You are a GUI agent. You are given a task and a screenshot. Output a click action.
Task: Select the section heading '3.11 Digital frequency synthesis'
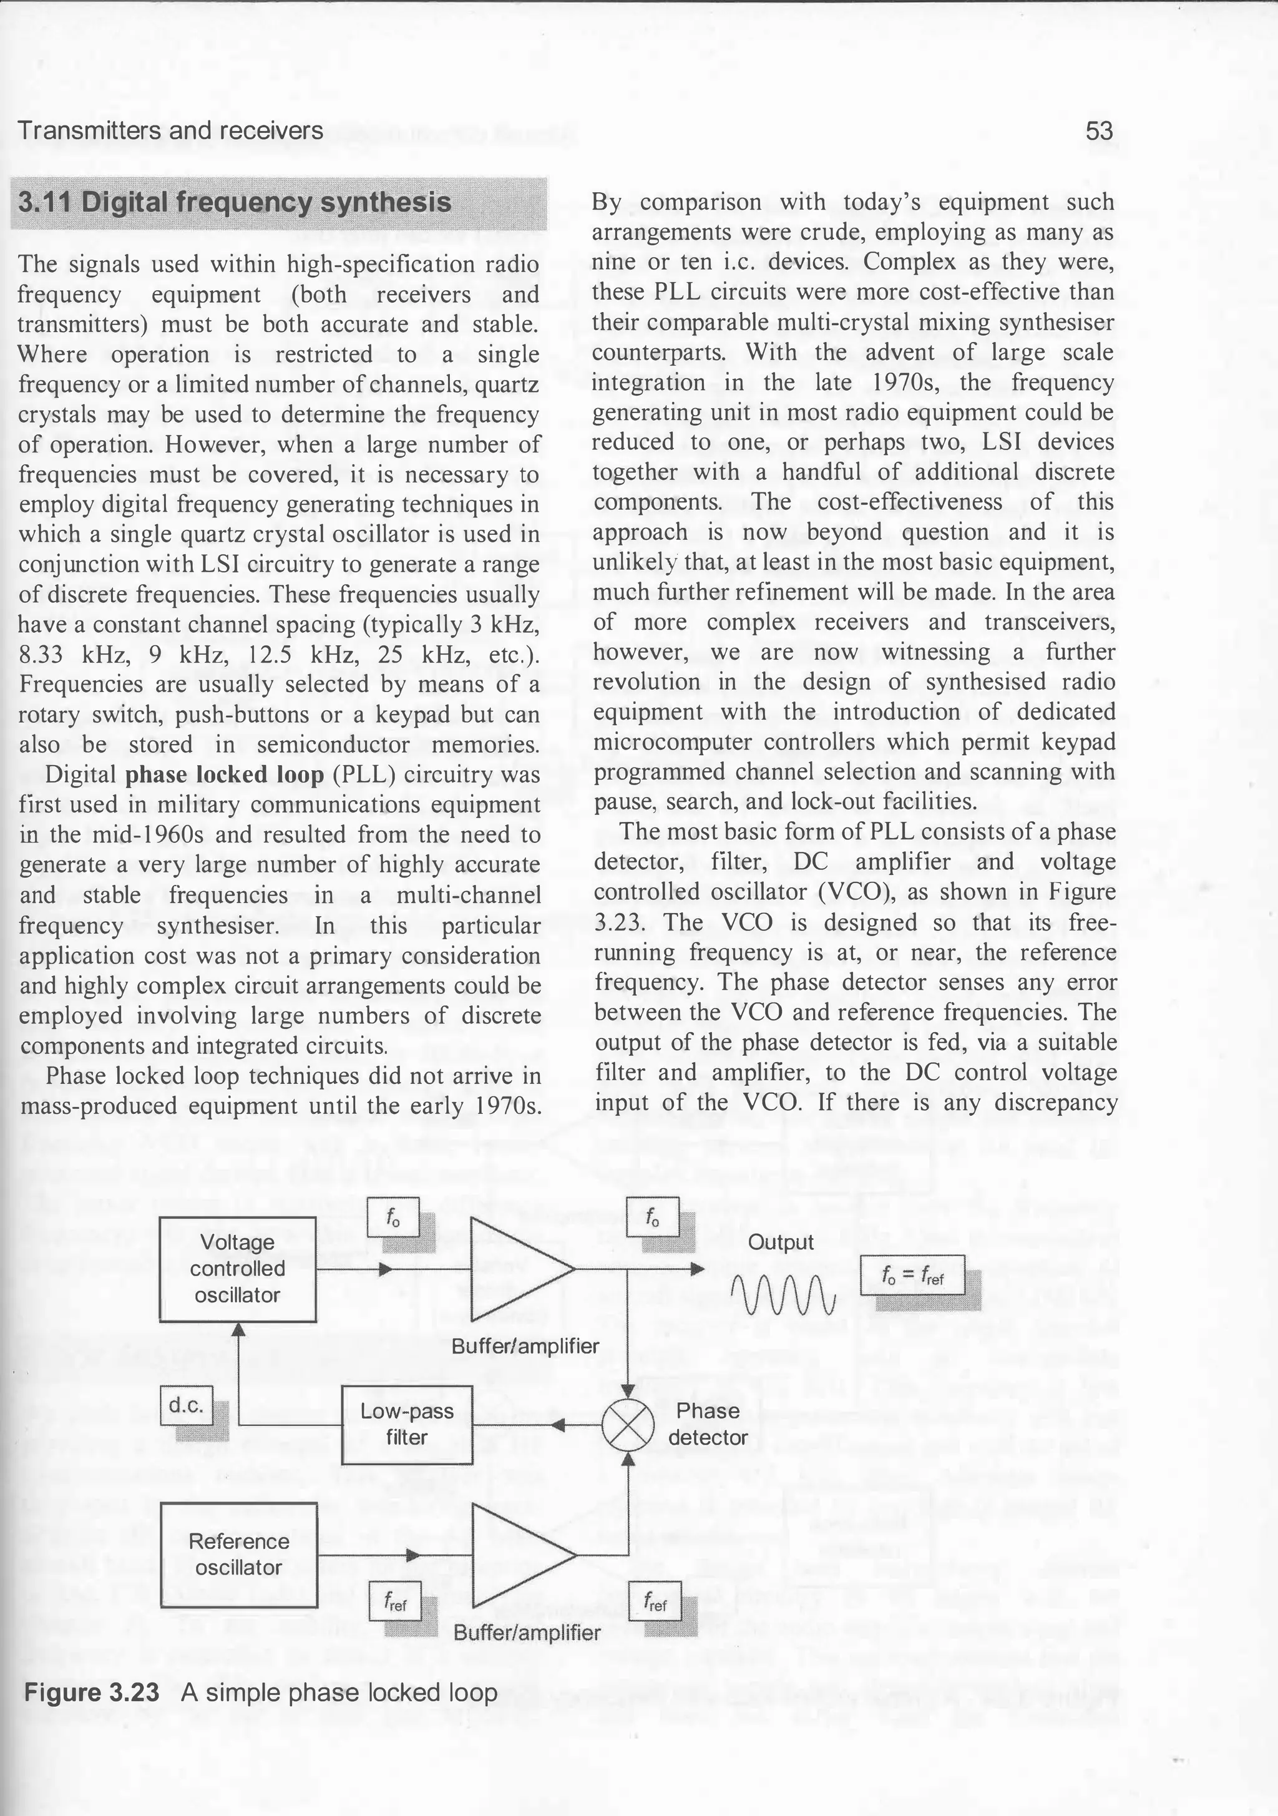pos(235,203)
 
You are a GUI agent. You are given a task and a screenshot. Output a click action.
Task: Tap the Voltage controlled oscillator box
pos(237,1269)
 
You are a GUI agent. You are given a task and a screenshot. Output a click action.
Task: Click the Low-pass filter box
pos(406,1425)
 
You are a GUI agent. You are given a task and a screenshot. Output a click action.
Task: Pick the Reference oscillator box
pos(239,1554)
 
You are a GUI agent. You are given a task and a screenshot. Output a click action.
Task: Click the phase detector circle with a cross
pos(628,1425)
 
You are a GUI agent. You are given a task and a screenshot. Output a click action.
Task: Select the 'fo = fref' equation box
pos(912,1275)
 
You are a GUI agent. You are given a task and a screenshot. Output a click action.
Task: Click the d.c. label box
pos(187,1405)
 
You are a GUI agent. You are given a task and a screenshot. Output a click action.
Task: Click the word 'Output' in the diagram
pos(781,1242)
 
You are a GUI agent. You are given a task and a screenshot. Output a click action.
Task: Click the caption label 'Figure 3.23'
pos(92,1692)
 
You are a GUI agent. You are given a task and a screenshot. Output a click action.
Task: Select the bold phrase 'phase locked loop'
pos(225,774)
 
